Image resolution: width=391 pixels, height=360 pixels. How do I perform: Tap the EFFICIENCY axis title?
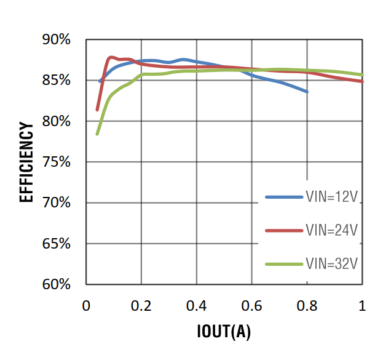(27, 162)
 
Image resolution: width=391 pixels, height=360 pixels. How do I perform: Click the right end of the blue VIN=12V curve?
(307, 92)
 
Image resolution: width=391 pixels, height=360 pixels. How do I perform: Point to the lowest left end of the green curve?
(97, 134)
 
